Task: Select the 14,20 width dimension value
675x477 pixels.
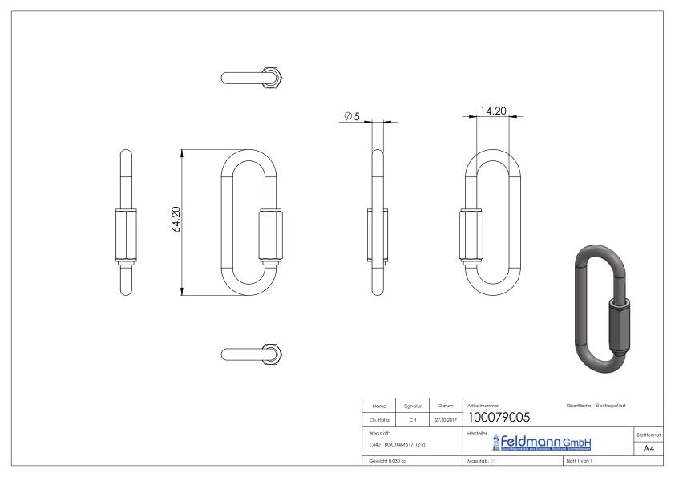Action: (492, 111)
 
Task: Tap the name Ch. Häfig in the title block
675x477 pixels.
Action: (378, 417)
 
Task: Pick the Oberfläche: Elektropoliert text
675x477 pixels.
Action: (600, 405)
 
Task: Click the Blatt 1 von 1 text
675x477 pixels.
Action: (582, 463)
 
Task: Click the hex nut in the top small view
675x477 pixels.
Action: (275, 78)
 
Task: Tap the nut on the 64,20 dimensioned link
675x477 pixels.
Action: (269, 236)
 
